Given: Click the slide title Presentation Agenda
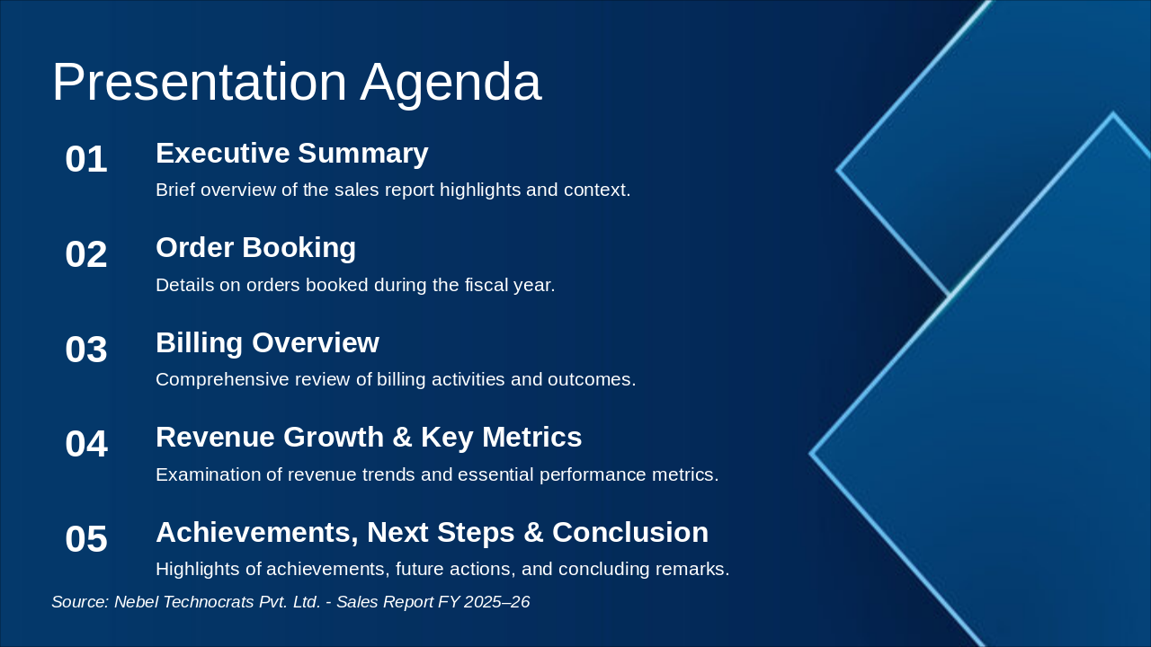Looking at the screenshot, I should pos(297,83).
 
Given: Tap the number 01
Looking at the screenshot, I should pos(86,160).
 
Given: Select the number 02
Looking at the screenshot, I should pos(86,255).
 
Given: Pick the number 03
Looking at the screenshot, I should pos(86,350).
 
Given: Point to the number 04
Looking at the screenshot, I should pos(86,445).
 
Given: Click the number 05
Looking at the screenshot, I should pos(86,540).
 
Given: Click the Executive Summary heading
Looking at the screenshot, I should pos(291,154).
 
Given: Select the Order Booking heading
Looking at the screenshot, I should pos(255,248).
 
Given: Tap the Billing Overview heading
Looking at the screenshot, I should pos(267,343).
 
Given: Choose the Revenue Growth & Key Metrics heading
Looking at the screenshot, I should pos(369,438).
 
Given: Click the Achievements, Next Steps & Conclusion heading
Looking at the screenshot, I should pos(432,533).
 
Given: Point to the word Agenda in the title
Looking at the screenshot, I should pos(451,83).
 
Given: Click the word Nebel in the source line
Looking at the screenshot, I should pos(135,602).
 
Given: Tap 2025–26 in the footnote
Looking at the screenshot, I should pos(496,602).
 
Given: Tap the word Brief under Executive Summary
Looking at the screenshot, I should pos(175,190).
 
